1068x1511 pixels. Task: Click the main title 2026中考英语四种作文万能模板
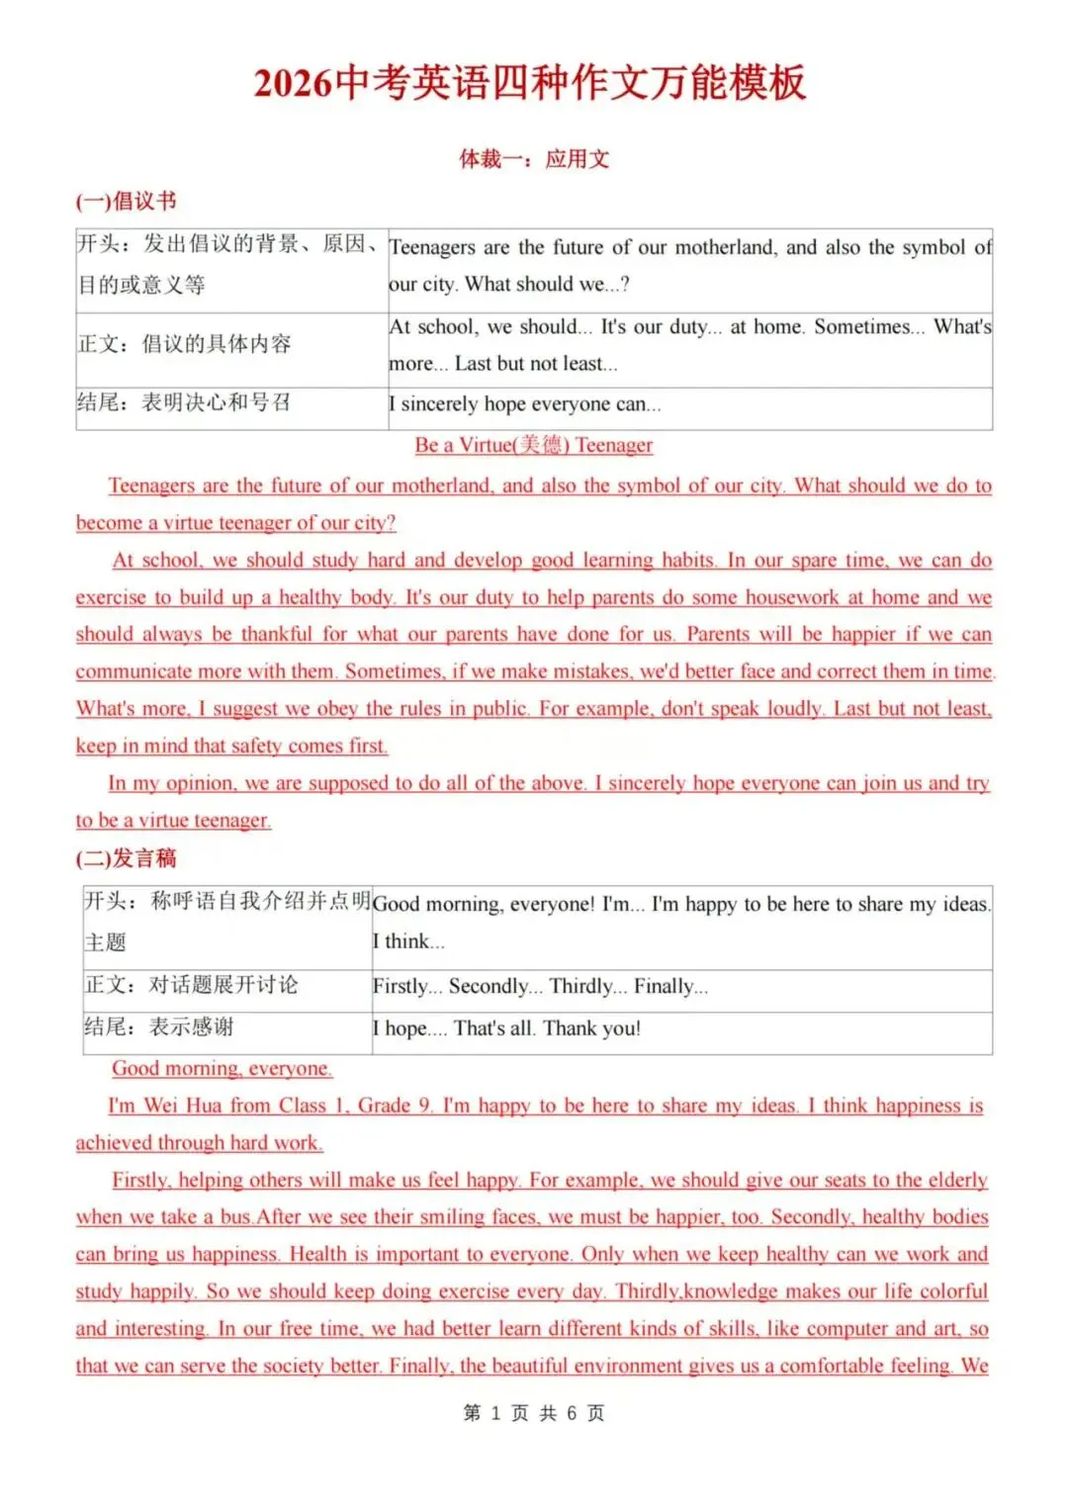(x=531, y=83)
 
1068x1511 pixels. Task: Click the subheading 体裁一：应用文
(x=534, y=159)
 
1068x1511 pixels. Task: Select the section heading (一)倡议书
(x=126, y=202)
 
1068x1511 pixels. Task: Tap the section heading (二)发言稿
(x=126, y=858)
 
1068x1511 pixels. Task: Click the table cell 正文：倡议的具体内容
(x=185, y=344)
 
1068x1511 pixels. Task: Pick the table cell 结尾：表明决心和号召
(x=184, y=402)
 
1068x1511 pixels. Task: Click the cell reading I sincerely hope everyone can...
(x=525, y=404)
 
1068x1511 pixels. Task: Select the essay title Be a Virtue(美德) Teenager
(x=534, y=445)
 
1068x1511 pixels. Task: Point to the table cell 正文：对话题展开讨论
(x=191, y=985)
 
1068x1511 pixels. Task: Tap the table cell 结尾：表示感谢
(x=159, y=1027)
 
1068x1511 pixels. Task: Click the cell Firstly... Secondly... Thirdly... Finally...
(x=540, y=987)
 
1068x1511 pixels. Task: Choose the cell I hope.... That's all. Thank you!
(x=506, y=1028)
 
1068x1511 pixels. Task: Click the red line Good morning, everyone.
(x=222, y=1069)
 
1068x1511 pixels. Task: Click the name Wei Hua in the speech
(x=183, y=1106)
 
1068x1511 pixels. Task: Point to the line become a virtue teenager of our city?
(x=235, y=523)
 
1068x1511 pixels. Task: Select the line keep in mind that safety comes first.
(x=231, y=747)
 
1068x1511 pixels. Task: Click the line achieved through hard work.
(x=199, y=1143)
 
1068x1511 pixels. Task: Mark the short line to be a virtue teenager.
(x=173, y=821)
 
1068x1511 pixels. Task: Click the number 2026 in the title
(x=293, y=83)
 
